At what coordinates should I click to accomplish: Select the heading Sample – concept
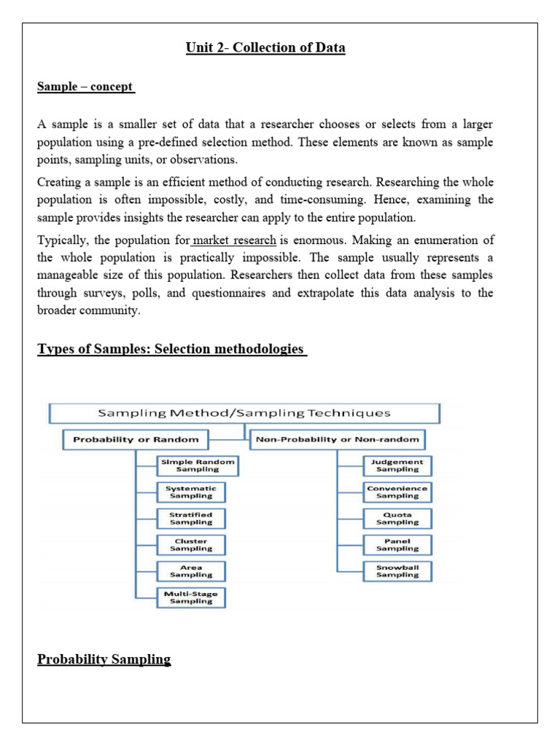point(85,87)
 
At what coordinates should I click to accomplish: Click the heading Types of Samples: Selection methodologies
point(171,349)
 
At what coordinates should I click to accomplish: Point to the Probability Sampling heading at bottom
point(104,659)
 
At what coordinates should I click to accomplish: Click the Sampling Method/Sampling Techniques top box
point(244,413)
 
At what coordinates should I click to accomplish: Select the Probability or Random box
point(136,440)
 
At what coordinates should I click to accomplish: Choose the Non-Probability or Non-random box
point(338,440)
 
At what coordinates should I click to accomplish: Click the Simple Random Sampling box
point(191,466)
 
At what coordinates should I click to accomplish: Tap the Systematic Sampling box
point(191,492)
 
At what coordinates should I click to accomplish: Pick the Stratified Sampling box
point(191,518)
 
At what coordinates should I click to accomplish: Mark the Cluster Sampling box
point(191,545)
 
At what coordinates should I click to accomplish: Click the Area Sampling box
point(191,571)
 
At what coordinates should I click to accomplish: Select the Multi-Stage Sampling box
point(191,597)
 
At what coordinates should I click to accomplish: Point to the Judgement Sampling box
point(397,466)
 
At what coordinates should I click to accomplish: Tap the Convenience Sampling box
point(397,492)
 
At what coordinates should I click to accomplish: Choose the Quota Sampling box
point(397,518)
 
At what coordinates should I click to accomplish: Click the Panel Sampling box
point(397,545)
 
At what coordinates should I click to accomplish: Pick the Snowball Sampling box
point(397,570)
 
